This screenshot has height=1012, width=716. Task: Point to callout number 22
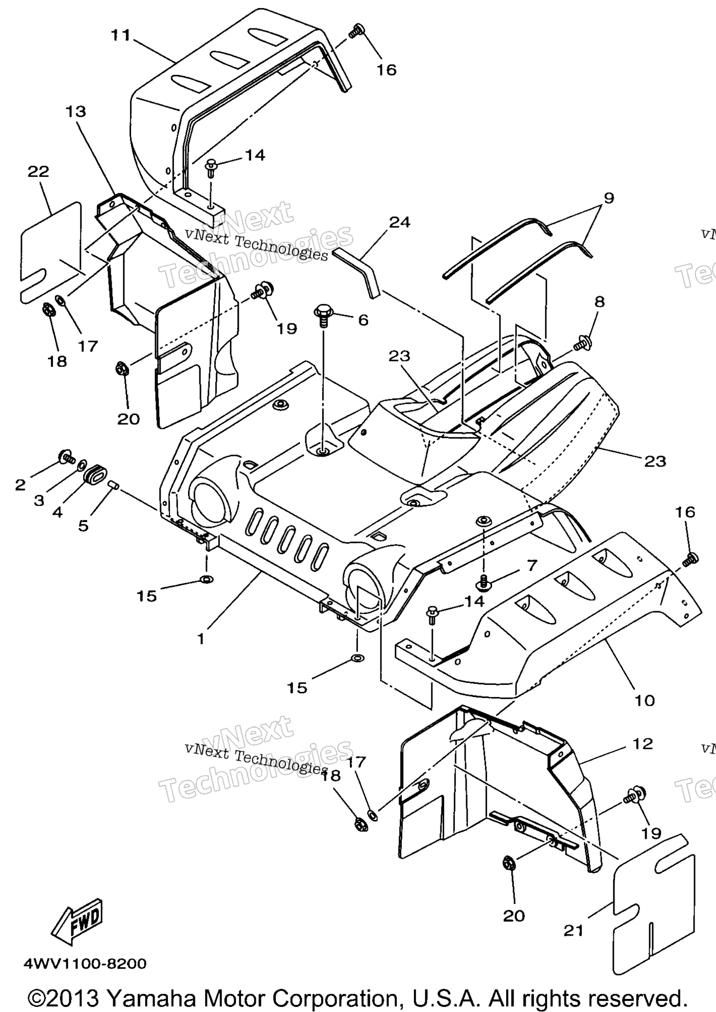[x=38, y=171]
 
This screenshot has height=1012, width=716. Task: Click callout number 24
[x=400, y=222]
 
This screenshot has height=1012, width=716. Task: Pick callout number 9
[x=608, y=198]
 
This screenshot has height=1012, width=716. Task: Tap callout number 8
[x=599, y=301]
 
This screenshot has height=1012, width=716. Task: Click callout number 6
[x=363, y=320]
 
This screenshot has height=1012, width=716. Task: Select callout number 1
[x=201, y=639]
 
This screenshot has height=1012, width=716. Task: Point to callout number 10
[x=644, y=700]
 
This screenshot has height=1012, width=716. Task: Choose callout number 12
[x=643, y=744]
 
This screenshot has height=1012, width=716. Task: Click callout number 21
[x=573, y=930]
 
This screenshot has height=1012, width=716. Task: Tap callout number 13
[x=75, y=111]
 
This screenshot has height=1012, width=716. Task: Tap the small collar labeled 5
[x=113, y=484]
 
